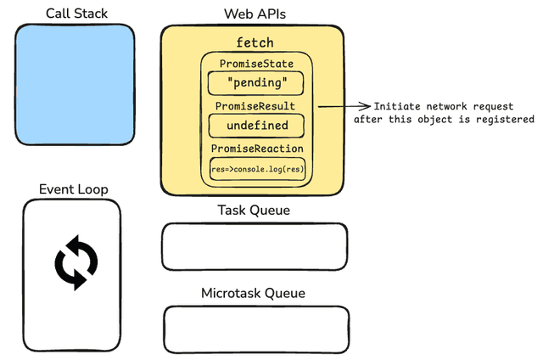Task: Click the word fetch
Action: click(255, 42)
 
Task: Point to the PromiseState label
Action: click(256, 64)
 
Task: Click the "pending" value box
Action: click(256, 83)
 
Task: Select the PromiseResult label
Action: click(256, 106)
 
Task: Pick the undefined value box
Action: click(256, 126)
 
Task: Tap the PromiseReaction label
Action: click(256, 149)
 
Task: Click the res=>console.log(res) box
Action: click(256, 169)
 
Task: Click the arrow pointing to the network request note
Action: click(344, 106)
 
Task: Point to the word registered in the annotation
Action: click(501, 120)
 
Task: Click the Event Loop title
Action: click(74, 188)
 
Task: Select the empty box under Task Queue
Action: click(255, 246)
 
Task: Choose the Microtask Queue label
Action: click(253, 294)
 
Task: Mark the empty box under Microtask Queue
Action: click(256, 329)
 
